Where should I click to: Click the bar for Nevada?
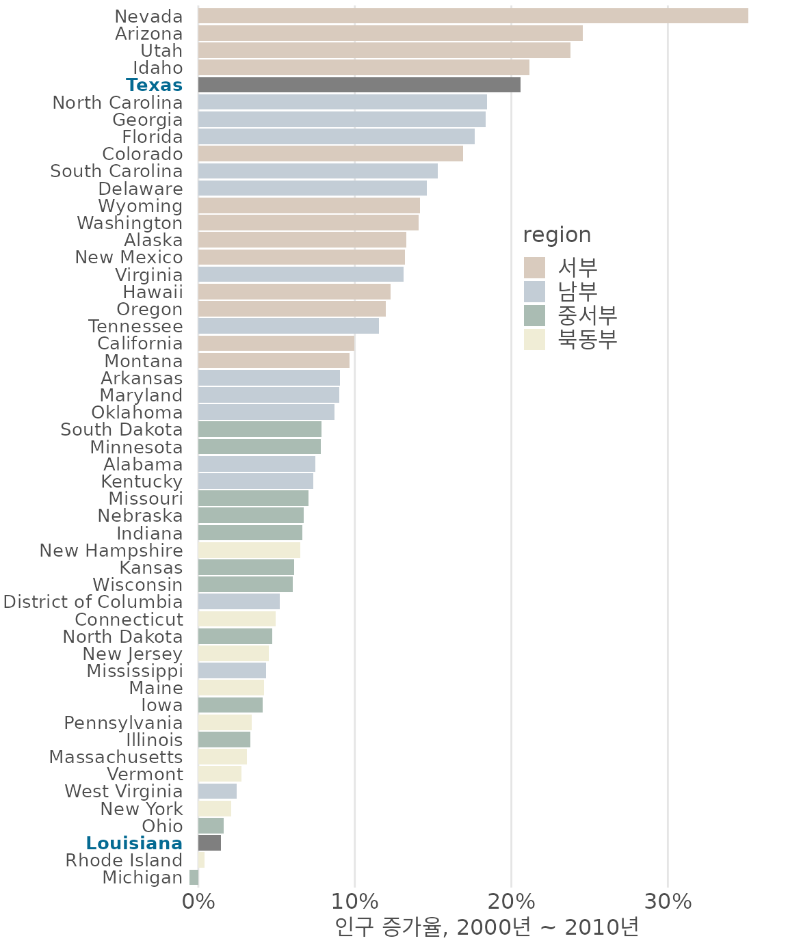472,16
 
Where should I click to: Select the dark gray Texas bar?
358,85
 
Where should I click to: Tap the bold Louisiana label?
134,843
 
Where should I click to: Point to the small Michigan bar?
194,877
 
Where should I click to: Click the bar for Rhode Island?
201,860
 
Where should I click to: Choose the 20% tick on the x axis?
511,901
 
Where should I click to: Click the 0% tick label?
198,901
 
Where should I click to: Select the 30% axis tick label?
668,901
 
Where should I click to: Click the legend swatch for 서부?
534,267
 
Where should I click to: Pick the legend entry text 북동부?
588,339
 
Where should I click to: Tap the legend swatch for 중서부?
534,315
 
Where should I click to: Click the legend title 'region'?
557,235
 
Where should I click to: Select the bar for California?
276,343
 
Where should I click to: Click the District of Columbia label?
93,602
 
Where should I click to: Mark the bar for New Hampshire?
249,550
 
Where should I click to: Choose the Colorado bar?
330,154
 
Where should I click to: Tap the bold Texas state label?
154,85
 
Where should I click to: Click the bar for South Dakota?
259,429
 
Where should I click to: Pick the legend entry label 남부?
578,291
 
